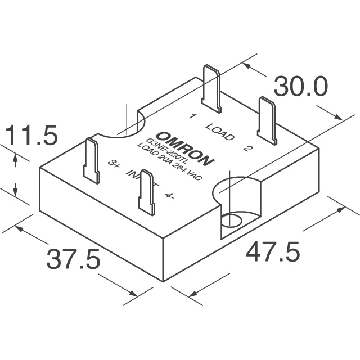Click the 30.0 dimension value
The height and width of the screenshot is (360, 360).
300,87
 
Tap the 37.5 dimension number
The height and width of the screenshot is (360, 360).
73,259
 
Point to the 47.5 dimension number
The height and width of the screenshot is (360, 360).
273,252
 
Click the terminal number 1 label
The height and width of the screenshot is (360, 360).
192,116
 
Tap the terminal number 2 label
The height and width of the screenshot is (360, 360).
247,148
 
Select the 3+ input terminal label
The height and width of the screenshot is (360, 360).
114,164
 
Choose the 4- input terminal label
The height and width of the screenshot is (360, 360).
170,196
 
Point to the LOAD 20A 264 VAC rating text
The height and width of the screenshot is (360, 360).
171,164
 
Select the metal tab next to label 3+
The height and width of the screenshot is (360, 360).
92,160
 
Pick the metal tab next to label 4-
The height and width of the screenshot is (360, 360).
147,192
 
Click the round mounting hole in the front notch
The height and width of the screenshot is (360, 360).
231,219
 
